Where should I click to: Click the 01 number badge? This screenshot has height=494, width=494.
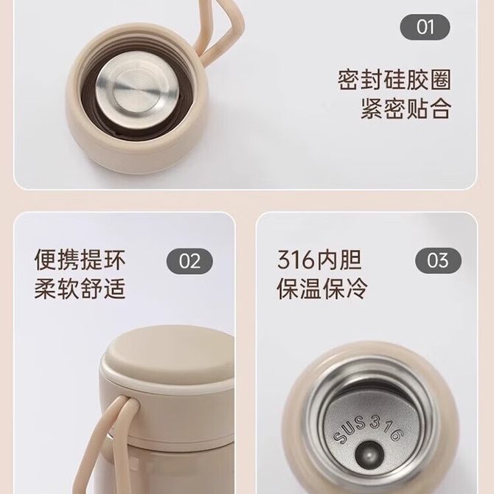coord(425,27)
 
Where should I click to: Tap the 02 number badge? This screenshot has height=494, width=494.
coord(189,261)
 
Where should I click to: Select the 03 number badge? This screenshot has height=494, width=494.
coord(438,260)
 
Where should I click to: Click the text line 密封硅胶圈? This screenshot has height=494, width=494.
coord(394,80)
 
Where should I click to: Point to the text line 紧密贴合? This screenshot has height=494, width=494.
coord(406,108)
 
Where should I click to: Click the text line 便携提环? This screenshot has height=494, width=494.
coord(80,260)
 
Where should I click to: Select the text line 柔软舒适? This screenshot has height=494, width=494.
coord(80,288)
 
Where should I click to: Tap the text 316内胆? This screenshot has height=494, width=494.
coord(319,260)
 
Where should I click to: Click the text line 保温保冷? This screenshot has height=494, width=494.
coord(322,288)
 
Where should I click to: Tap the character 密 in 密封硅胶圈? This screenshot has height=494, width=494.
coord(349,80)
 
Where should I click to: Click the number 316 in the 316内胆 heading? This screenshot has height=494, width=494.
coord(296,260)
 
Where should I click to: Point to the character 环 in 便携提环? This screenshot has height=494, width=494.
coord(114,260)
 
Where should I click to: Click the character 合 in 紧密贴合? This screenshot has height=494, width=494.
coord(440,108)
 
